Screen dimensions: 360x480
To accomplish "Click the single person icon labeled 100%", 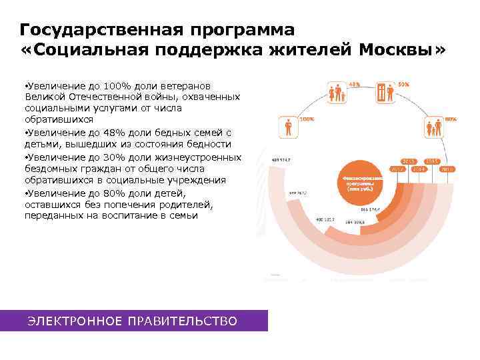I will [288, 127].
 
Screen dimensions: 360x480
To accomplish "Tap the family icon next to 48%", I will [336, 93].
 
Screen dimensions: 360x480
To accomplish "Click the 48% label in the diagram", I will [354, 85].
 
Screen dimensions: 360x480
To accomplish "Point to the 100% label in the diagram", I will [307, 119].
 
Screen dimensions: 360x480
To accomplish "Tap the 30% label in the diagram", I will [403, 85].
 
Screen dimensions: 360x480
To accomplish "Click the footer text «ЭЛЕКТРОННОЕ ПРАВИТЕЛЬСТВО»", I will [132, 322].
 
